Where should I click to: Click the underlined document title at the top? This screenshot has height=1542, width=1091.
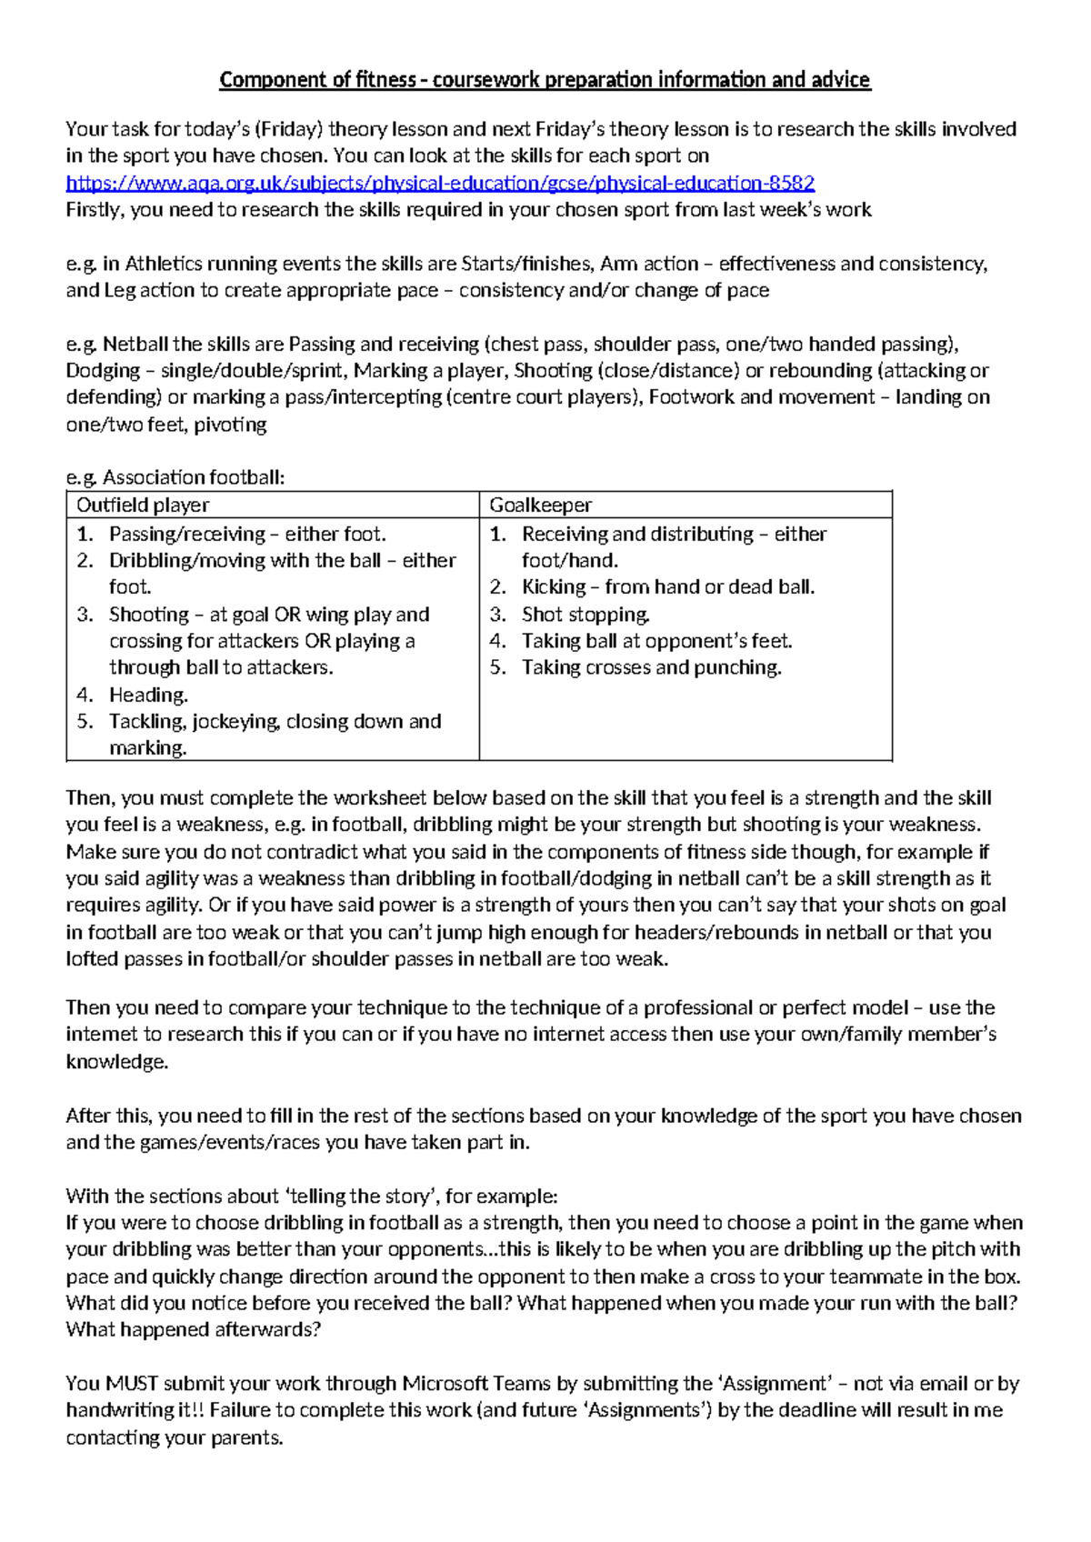545,80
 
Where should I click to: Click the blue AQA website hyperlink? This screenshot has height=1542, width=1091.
440,183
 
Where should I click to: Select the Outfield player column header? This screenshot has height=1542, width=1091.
143,506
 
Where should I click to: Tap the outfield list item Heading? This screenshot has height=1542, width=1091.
148,696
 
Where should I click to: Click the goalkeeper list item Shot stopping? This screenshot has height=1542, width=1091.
586,615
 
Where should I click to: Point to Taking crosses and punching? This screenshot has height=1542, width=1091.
651,668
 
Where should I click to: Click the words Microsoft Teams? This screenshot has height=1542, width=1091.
476,1384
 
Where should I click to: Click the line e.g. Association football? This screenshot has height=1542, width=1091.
175,478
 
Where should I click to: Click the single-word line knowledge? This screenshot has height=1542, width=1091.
116,1062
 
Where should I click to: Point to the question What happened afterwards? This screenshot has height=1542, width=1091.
193,1330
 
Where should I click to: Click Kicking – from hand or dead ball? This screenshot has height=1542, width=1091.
667,587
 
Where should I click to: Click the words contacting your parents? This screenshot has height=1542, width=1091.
174,1438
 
